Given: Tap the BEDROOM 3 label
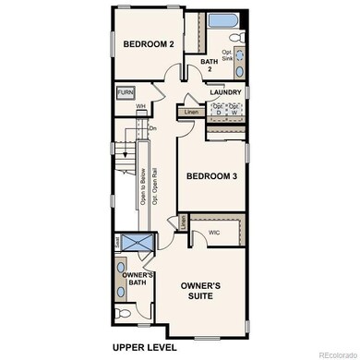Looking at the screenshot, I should click(213, 175).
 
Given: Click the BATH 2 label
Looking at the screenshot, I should click(210, 66).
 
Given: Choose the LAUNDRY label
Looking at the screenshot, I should click(225, 92).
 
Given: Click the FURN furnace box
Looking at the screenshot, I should click(126, 93).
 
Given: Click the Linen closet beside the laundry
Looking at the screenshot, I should click(192, 112).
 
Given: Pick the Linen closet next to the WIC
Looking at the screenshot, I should click(184, 222).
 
